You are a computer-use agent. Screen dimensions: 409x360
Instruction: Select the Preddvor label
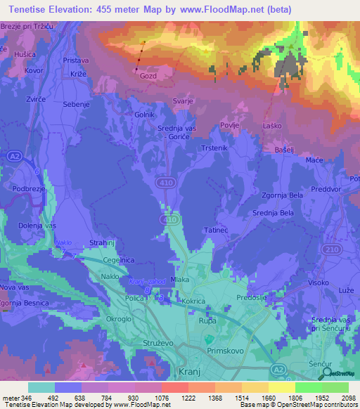pos(324,188)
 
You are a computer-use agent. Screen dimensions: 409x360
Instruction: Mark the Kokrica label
pos(193,301)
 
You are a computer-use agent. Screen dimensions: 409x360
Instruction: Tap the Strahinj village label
pos(104,242)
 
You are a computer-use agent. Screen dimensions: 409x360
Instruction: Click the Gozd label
pos(148,75)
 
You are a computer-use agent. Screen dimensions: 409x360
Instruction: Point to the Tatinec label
pos(217,231)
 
